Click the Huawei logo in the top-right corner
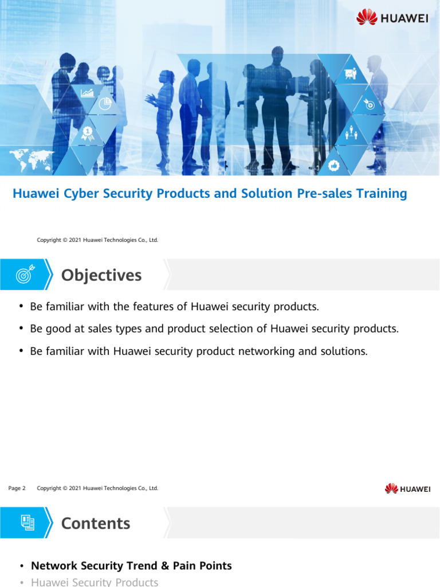pos(392,17)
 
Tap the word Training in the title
pos(379,194)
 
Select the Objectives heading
pos(101,275)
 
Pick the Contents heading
pos(96,523)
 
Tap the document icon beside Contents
pos(27,523)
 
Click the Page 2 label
pos(17,488)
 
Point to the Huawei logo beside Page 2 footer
pos(407,488)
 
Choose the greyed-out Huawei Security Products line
pos(95,582)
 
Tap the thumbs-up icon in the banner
pos(335,165)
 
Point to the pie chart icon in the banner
pos(105,104)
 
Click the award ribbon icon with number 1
pos(88,133)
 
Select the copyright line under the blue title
pos(97,240)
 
